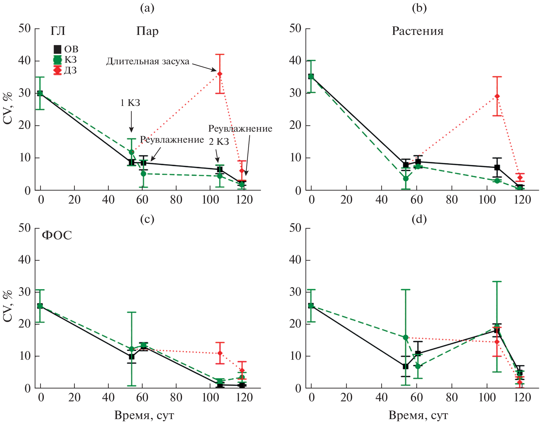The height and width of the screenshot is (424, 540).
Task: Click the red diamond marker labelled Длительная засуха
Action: click(x=220, y=74)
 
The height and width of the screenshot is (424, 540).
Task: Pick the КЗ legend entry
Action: click(x=65, y=60)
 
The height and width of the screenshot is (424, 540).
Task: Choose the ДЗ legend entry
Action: click(x=65, y=70)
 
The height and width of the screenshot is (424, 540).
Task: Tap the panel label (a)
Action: click(x=147, y=8)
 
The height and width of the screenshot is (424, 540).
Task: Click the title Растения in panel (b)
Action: click(x=417, y=31)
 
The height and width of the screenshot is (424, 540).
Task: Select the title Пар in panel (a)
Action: click(x=147, y=31)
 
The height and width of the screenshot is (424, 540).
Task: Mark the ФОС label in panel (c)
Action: click(x=57, y=235)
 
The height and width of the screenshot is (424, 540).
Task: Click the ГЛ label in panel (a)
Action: click(x=58, y=31)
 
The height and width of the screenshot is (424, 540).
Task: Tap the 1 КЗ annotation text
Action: click(x=130, y=103)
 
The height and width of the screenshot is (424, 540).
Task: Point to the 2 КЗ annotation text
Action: click(x=219, y=142)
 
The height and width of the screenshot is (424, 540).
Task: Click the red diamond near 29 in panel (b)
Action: click(x=497, y=96)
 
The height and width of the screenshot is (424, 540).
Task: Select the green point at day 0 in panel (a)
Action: click(x=40, y=93)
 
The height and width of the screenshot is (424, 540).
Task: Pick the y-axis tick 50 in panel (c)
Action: click(x=25, y=228)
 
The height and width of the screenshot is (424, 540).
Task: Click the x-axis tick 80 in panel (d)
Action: click(x=451, y=398)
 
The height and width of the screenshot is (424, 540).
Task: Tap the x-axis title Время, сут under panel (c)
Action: click(x=144, y=415)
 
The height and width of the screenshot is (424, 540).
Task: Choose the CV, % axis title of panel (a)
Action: click(x=8, y=108)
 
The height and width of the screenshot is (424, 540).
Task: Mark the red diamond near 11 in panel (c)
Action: click(x=220, y=353)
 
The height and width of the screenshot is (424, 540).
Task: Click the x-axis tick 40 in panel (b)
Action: click(x=382, y=200)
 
